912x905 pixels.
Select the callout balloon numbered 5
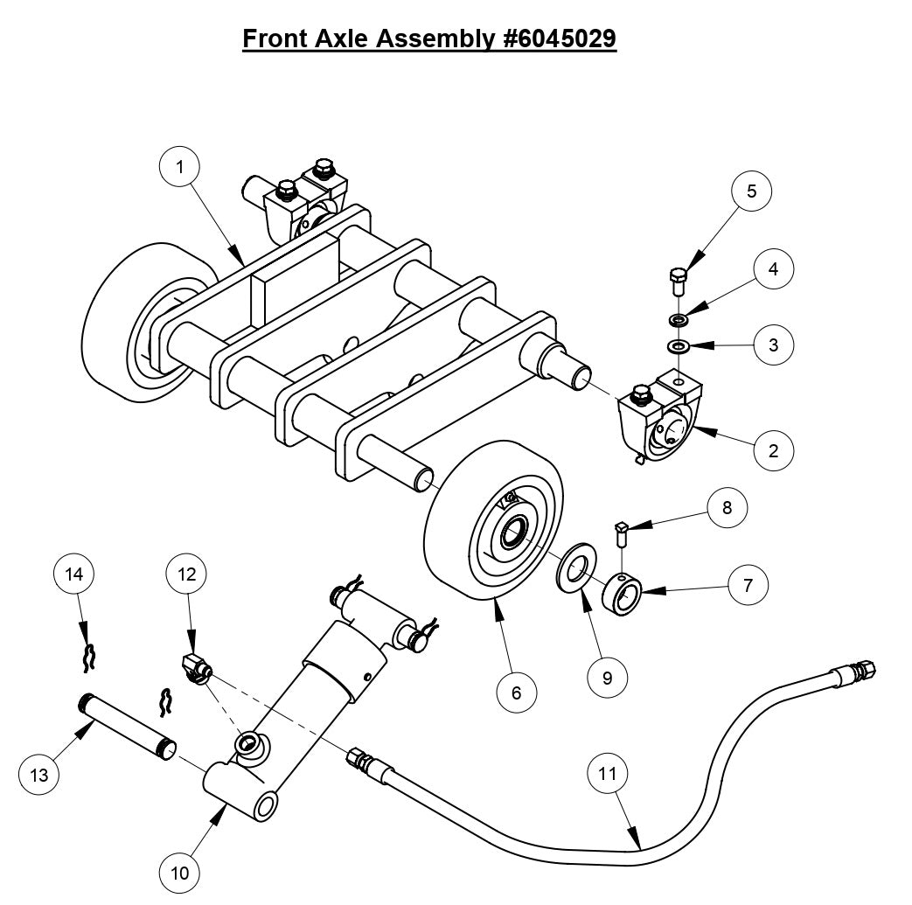tap(752, 191)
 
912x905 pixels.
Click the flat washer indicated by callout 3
tap(679, 347)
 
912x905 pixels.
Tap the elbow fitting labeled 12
tap(194, 667)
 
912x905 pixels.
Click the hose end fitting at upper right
tap(853, 672)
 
